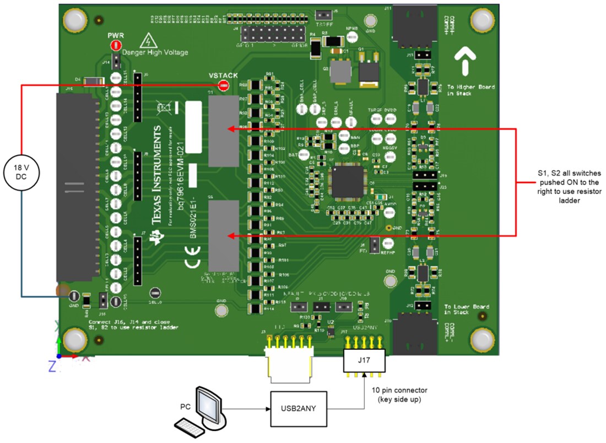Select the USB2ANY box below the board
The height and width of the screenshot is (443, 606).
[299, 409]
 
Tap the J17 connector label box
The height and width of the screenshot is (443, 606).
[364, 361]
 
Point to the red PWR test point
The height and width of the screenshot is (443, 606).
[116, 46]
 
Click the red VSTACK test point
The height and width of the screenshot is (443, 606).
[223, 85]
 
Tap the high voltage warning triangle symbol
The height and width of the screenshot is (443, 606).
[147, 41]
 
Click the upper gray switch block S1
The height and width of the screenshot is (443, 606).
[223, 131]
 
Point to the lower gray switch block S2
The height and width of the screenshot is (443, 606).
[223, 235]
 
